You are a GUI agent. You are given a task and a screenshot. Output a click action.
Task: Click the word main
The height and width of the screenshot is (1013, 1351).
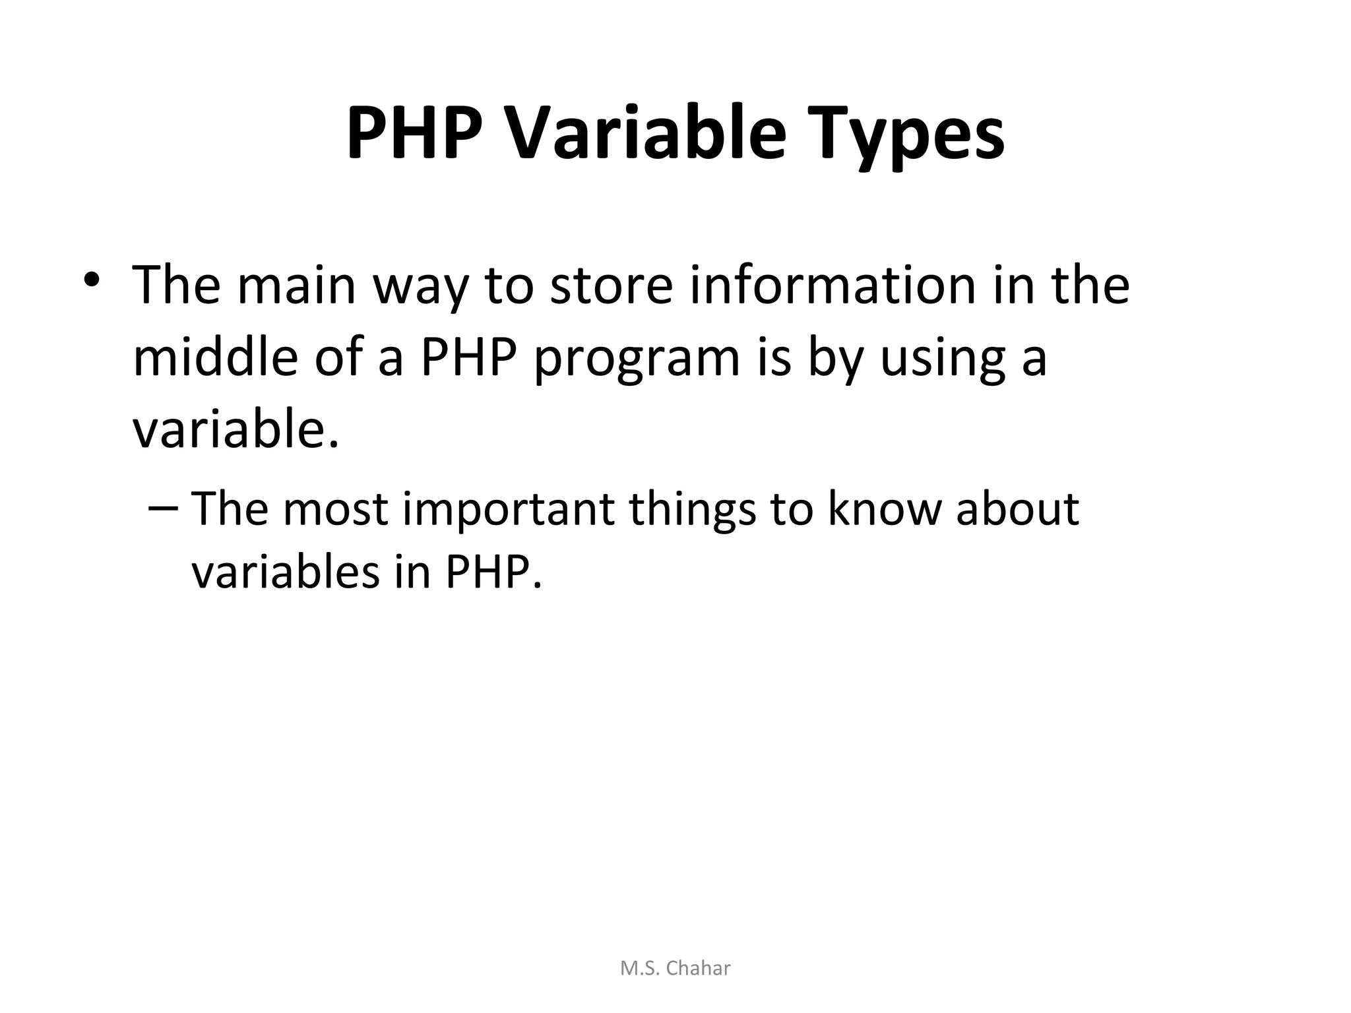(x=296, y=285)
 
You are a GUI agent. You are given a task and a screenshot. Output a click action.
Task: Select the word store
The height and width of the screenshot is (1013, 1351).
(x=611, y=285)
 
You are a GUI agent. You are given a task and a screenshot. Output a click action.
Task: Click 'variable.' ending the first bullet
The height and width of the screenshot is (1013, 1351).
(x=236, y=430)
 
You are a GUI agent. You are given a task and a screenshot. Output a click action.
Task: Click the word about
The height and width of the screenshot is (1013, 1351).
(x=1017, y=509)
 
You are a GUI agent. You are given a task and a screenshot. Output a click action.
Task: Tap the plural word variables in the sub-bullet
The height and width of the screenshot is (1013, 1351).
(x=286, y=571)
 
